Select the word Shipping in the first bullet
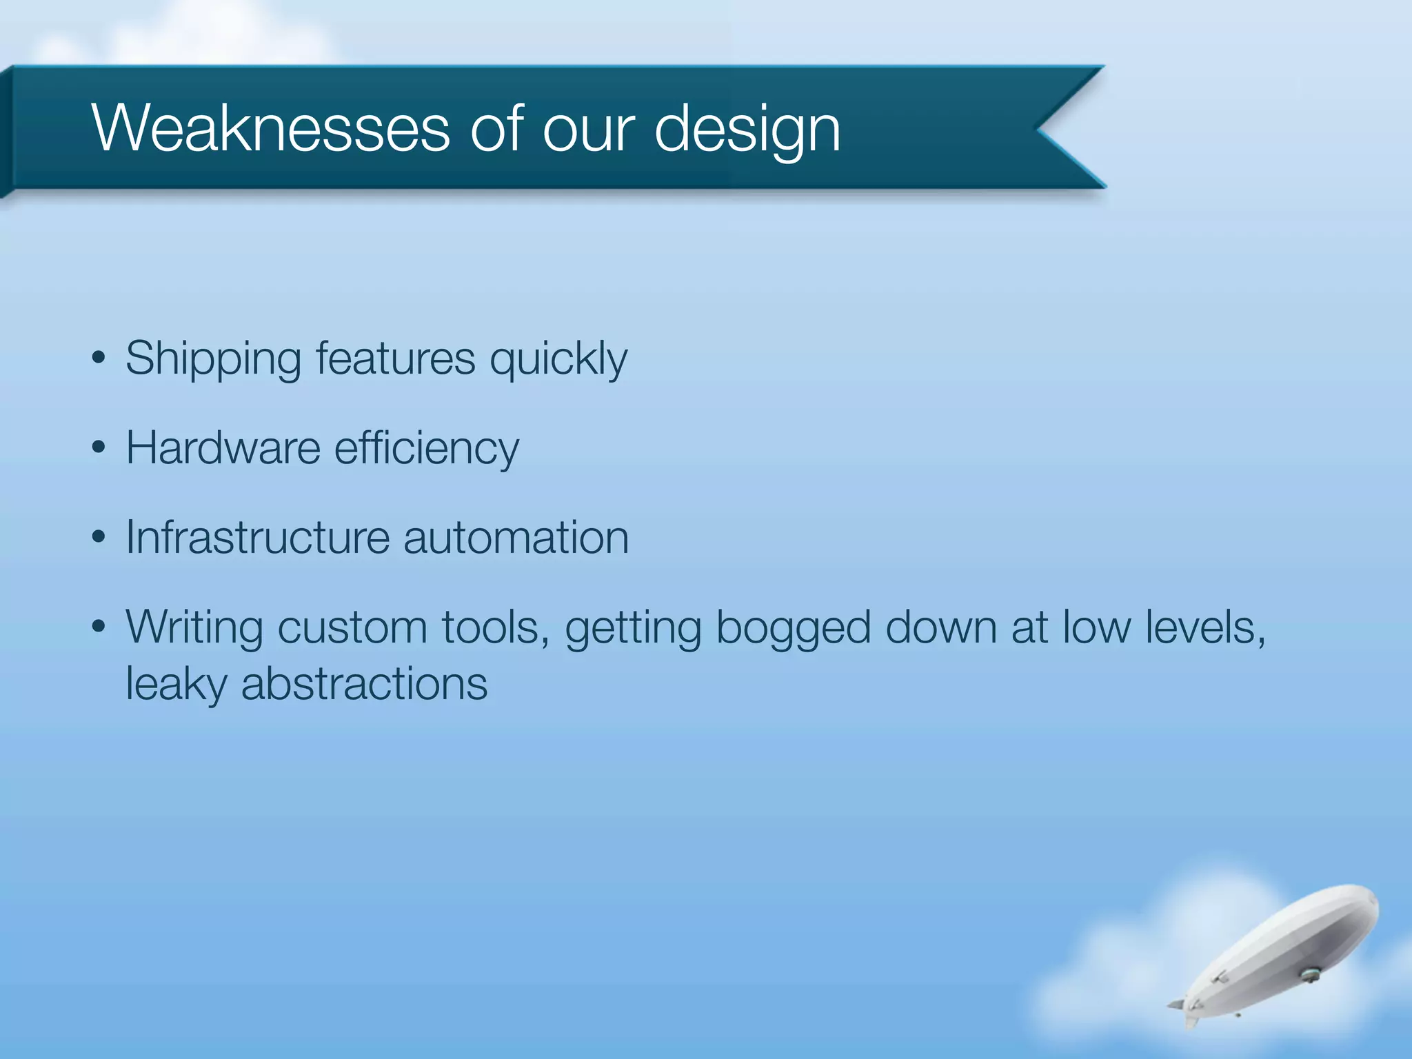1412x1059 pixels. coord(213,359)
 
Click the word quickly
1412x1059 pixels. coord(558,360)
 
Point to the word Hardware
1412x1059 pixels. coord(223,448)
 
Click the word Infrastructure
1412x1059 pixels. coord(258,537)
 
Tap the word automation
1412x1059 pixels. coord(516,538)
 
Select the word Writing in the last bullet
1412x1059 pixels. coord(194,628)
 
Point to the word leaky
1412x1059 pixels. coord(176,685)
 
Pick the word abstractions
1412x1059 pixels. coord(364,685)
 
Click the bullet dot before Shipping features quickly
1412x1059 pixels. coord(99,359)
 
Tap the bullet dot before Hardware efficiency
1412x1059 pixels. coord(99,448)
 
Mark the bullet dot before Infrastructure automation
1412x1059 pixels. coord(99,537)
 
